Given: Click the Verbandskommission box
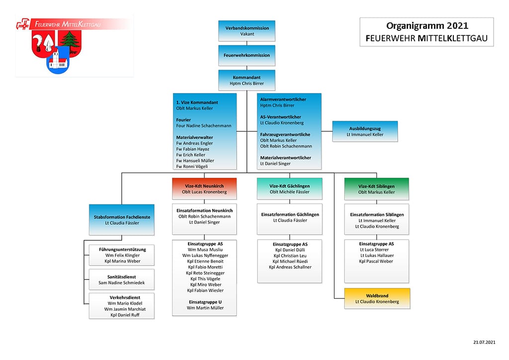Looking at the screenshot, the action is point(247,31).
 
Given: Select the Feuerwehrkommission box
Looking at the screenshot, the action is point(247,56).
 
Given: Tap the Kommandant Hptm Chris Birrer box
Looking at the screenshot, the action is point(247,80).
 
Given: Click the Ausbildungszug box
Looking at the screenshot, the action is point(365,131).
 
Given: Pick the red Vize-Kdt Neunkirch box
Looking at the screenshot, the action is point(204,188).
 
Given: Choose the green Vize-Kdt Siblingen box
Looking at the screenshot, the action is point(377,189).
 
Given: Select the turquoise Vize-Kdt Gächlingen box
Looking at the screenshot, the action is point(290,188).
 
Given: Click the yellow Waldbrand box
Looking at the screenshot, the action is point(377,298).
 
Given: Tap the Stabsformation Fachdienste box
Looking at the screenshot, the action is point(122,220).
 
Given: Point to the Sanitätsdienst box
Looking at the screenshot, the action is point(122,279).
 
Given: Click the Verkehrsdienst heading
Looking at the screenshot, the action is point(125,297).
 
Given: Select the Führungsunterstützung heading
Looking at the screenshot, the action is point(122,249).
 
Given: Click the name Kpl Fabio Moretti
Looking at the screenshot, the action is point(205,267).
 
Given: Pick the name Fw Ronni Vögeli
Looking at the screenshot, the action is point(192,167).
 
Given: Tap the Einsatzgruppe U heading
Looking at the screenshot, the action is point(205,302).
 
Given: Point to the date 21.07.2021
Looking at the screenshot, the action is point(484,342).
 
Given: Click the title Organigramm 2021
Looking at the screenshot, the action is point(427,26).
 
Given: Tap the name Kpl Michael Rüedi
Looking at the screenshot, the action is point(290,262).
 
